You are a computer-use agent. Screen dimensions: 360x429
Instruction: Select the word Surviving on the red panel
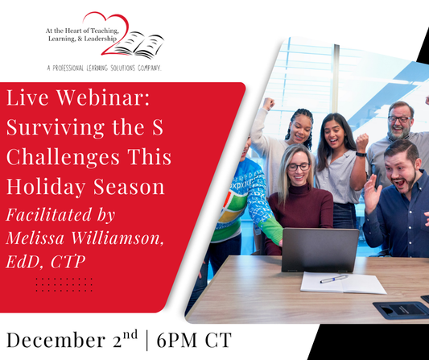tap(60, 128)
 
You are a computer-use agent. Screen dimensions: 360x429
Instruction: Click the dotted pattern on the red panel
tap(64, 284)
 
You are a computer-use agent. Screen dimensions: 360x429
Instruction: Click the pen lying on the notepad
tap(333, 279)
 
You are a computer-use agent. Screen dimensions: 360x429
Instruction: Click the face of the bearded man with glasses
tap(399, 122)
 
